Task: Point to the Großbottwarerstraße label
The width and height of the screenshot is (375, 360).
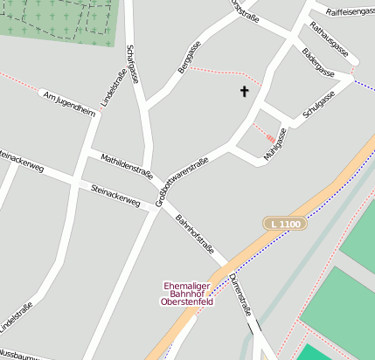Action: [x=181, y=182]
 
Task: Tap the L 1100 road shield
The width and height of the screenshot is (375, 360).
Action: [x=286, y=225]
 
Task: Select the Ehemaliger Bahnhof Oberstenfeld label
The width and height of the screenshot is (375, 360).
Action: [x=188, y=294]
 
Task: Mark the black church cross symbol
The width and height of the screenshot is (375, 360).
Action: [x=244, y=91]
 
